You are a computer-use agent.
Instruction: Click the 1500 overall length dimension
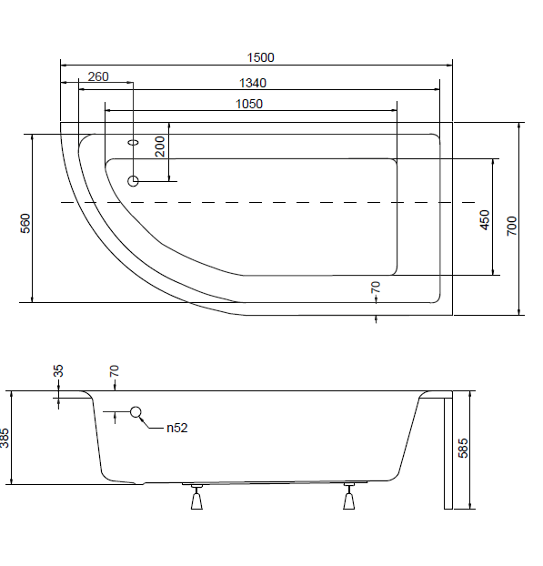point(260,57)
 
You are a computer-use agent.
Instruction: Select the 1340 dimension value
point(253,83)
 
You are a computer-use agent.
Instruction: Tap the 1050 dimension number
point(249,104)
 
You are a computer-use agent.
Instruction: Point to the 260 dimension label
point(98,76)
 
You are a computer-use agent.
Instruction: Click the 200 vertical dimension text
point(159,147)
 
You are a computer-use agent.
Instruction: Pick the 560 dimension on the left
point(25,224)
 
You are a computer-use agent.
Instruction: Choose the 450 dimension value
point(485,220)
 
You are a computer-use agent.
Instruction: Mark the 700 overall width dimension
point(511,226)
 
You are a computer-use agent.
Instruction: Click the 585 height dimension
point(463,448)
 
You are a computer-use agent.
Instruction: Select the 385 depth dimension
point(5,438)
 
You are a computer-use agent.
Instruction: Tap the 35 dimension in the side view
point(58,370)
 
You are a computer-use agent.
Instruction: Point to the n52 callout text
point(177,428)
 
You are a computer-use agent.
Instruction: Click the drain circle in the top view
point(133,181)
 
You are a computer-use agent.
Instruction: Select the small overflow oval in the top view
point(134,142)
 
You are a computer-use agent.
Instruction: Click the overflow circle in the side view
point(136,411)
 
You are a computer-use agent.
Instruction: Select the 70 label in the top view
point(376,288)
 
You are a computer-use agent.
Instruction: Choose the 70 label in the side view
point(114,370)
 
